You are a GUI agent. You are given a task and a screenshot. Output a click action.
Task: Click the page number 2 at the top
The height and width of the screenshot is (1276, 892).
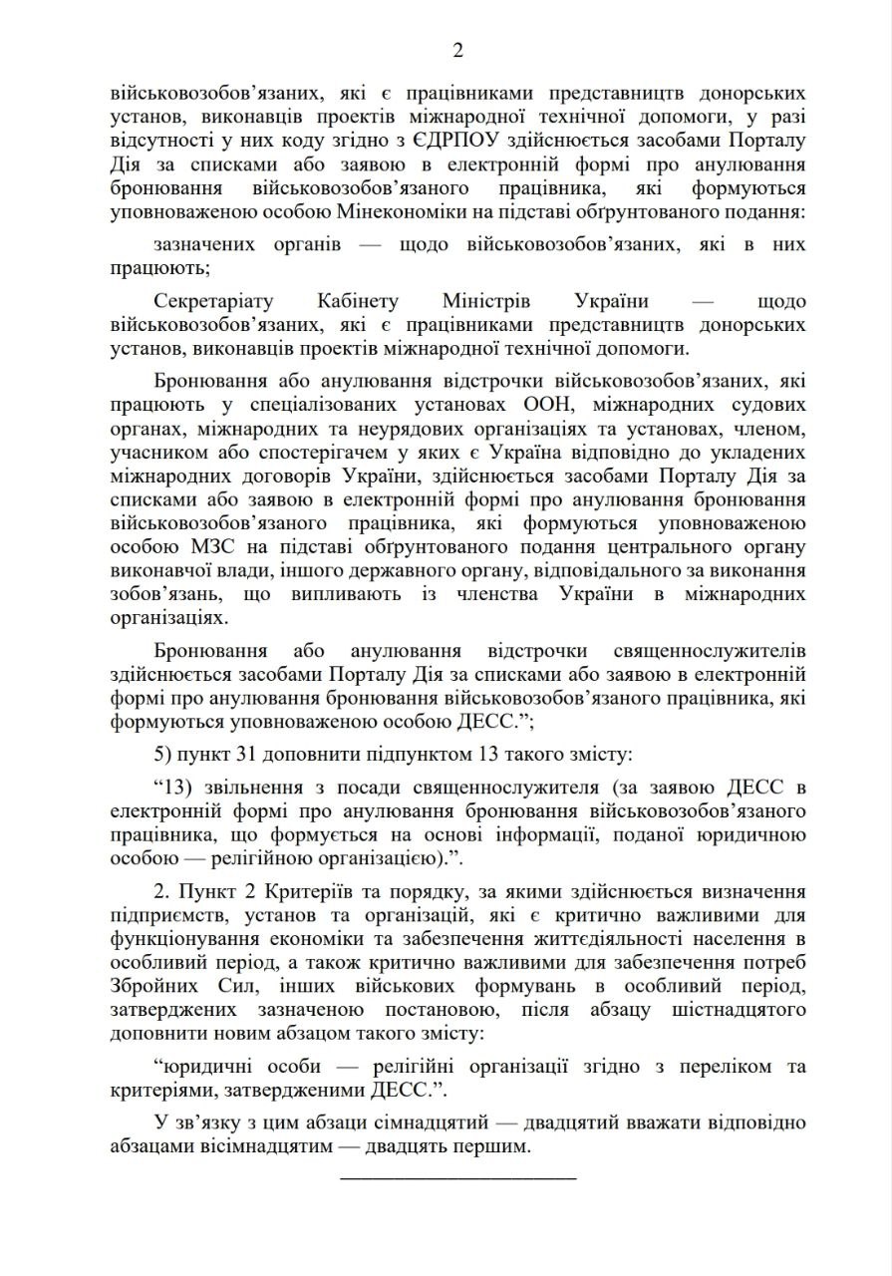[x=457, y=51]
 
